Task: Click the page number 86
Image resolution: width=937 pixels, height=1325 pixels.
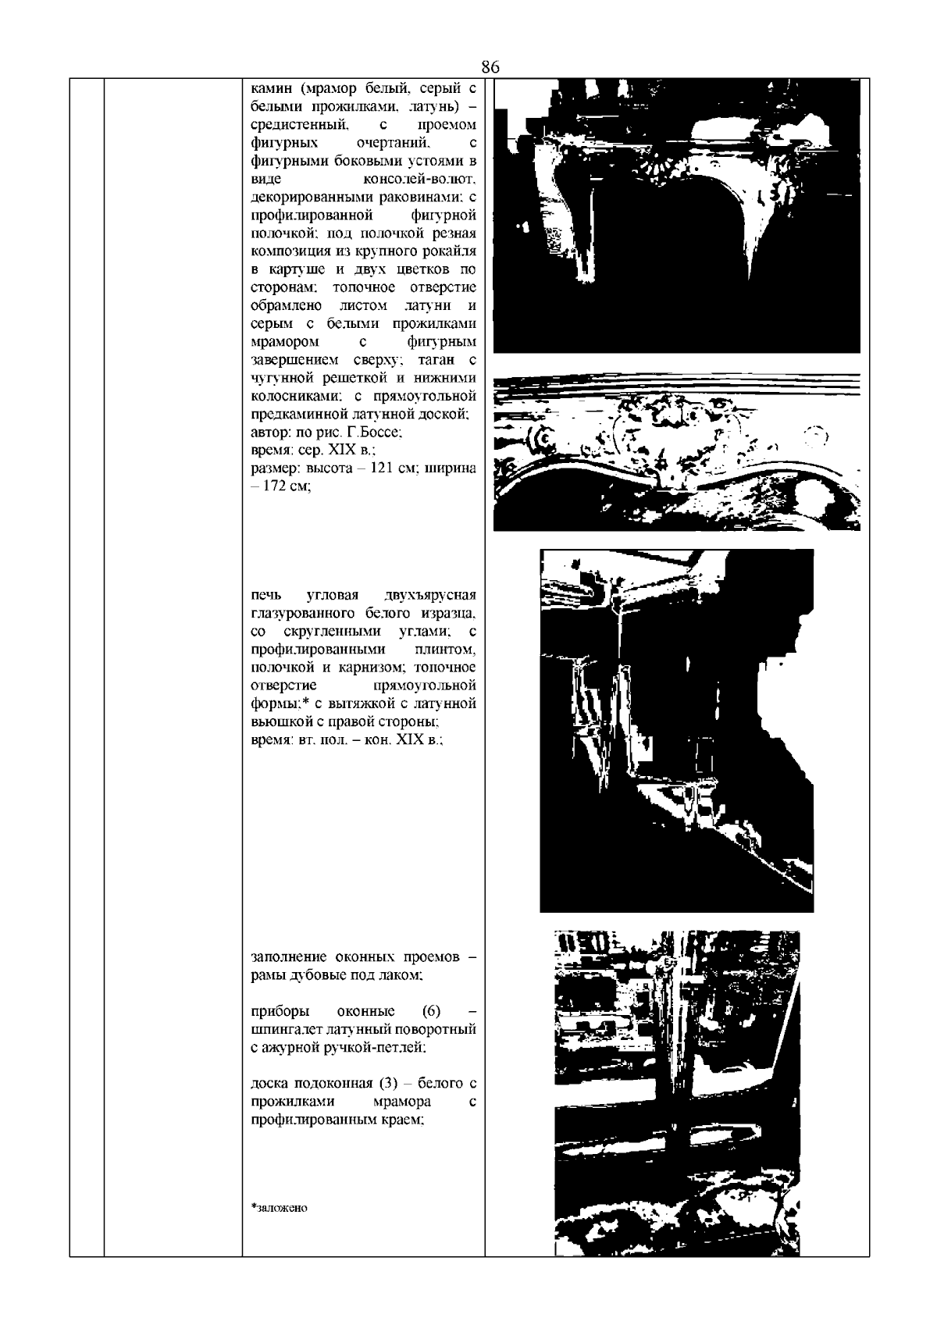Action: coord(490,67)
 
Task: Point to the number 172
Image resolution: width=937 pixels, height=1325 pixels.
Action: coord(276,486)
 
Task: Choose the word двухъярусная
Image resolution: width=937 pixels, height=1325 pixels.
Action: coord(430,594)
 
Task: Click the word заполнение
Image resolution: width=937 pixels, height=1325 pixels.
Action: coord(289,957)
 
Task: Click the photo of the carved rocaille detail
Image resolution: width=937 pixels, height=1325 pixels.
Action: coord(677,452)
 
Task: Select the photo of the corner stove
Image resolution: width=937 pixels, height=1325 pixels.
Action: coord(677,731)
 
